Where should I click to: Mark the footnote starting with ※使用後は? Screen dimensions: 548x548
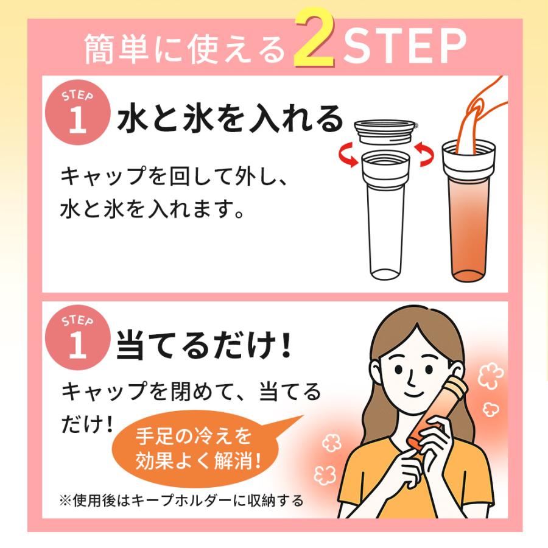pyautogui.click(x=181, y=501)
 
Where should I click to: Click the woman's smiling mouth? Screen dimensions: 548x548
pyautogui.click(x=420, y=404)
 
